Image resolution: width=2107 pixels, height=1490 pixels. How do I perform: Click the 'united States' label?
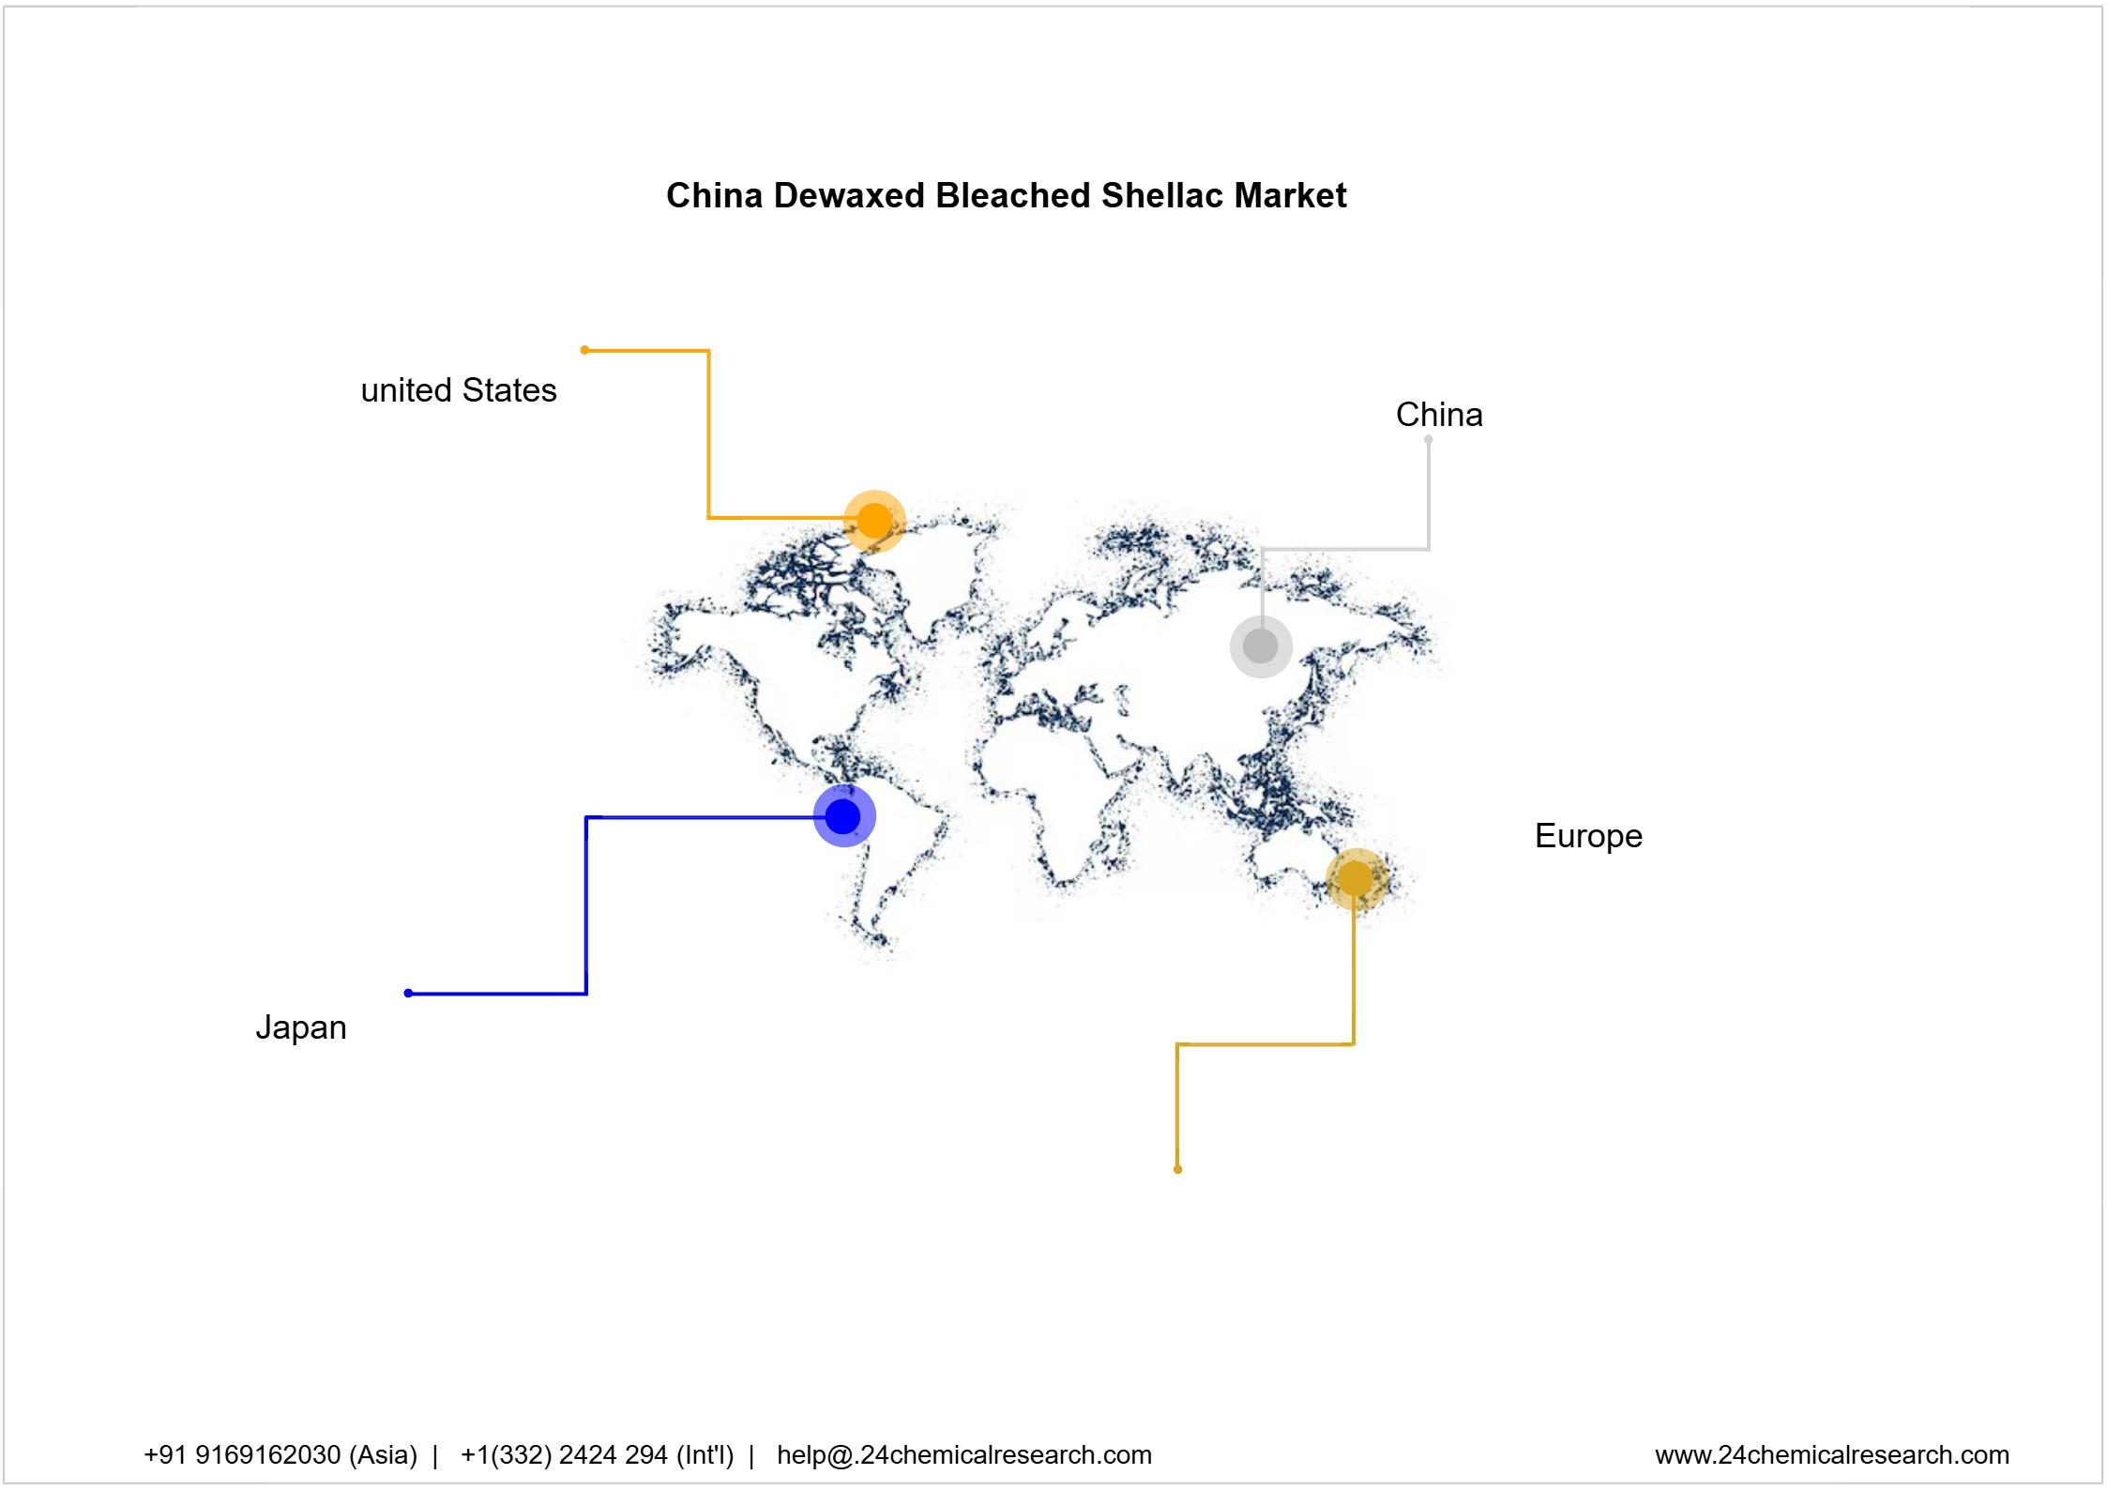[x=459, y=390]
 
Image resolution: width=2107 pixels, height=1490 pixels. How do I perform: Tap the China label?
[x=1439, y=415]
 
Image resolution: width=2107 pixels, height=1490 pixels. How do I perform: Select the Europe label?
[x=1588, y=836]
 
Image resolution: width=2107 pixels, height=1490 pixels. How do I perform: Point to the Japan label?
[x=301, y=1027]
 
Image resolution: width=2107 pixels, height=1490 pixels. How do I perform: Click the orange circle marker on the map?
[x=874, y=521]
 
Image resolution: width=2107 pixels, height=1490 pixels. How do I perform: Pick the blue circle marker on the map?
[x=843, y=816]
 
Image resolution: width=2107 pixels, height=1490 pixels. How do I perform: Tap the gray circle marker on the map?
[x=1261, y=646]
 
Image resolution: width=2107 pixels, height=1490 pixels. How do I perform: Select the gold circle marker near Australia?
[x=1355, y=879]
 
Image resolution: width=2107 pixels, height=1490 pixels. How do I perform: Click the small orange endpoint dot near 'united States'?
[x=584, y=350]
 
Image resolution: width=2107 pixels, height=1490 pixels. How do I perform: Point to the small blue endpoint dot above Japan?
[x=408, y=993]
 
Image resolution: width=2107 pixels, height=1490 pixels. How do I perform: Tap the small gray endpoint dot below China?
[x=1428, y=439]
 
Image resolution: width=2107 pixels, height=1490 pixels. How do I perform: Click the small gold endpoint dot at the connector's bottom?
[x=1177, y=1169]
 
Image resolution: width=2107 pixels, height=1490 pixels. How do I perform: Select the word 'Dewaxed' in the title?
[x=849, y=196]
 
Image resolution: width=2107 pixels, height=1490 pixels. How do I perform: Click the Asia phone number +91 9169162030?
[x=280, y=1454]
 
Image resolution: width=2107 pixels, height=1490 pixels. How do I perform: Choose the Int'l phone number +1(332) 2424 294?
[x=597, y=1454]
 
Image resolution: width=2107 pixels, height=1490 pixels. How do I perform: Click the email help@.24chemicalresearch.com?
[x=963, y=1454]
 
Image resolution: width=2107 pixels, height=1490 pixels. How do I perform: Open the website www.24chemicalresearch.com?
[x=1831, y=1454]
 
